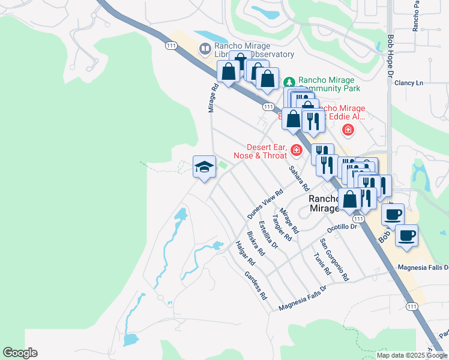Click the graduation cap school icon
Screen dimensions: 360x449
204,167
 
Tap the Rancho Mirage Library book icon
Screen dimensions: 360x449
205,48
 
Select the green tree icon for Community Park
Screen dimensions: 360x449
289,81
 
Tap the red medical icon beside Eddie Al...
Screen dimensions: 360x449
348,130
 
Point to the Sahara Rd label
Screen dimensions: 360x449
298,178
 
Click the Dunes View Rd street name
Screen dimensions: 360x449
265,205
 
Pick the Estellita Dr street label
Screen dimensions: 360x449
268,235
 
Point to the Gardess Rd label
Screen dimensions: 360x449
255,285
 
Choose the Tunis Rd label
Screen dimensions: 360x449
322,262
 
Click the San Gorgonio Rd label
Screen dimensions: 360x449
334,259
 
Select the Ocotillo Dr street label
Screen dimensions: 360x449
342,228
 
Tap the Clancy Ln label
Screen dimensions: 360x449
409,83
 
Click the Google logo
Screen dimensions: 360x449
20,353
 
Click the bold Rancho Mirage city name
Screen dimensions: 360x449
325,203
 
